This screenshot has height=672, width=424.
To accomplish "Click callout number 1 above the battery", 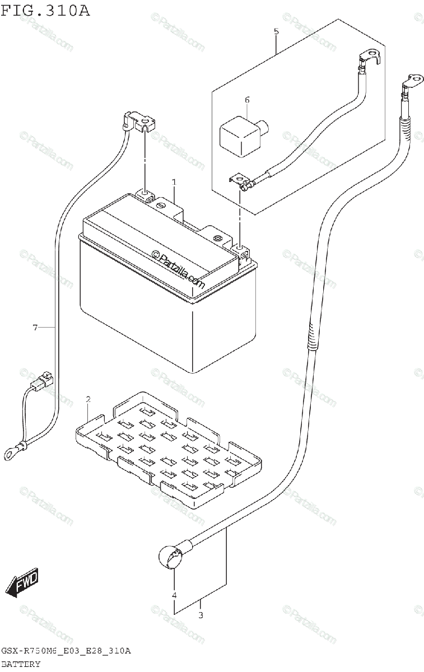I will (x=174, y=183).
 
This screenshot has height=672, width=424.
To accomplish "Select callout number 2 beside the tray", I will (x=88, y=399).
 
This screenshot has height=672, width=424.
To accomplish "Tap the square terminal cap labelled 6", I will (x=240, y=132).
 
